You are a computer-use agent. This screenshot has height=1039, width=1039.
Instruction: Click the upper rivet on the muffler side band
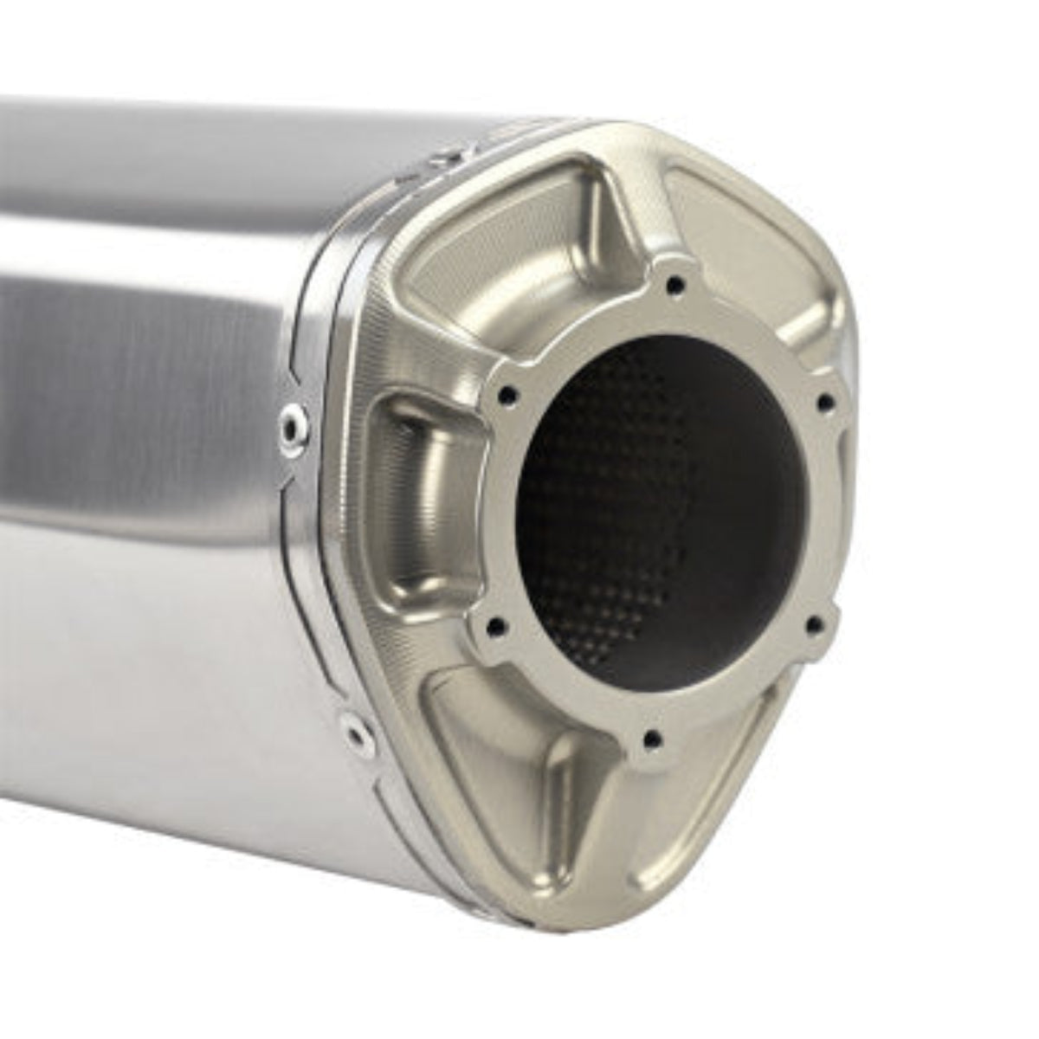tap(291, 424)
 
